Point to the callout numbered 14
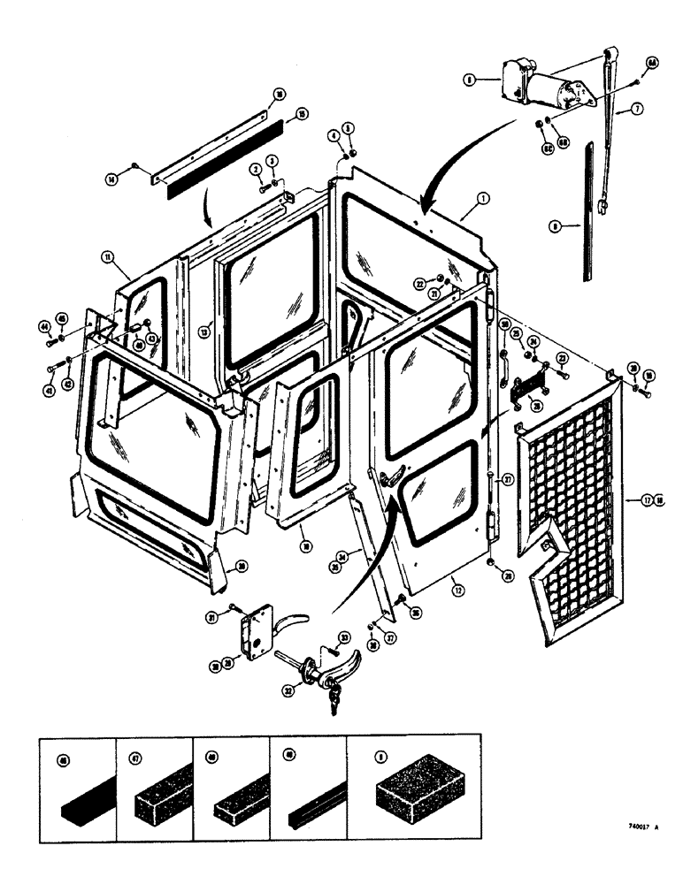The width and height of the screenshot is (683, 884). (x=112, y=179)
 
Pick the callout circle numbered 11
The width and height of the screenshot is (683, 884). (x=106, y=257)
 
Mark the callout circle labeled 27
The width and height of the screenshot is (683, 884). (x=508, y=482)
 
